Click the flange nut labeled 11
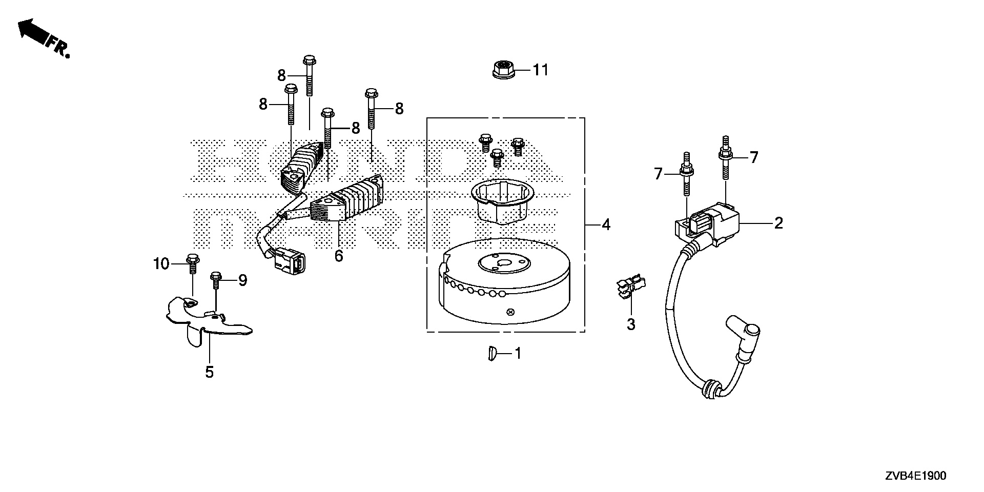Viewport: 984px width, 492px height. tap(503, 69)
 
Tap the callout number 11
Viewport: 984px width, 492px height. tap(540, 70)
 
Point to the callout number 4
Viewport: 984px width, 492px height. tap(606, 224)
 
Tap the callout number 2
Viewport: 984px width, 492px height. tap(778, 223)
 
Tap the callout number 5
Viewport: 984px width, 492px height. tap(209, 372)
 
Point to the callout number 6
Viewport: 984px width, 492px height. tap(338, 256)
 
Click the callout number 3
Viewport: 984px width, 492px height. tap(631, 324)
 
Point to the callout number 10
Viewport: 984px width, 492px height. tap(161, 264)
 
